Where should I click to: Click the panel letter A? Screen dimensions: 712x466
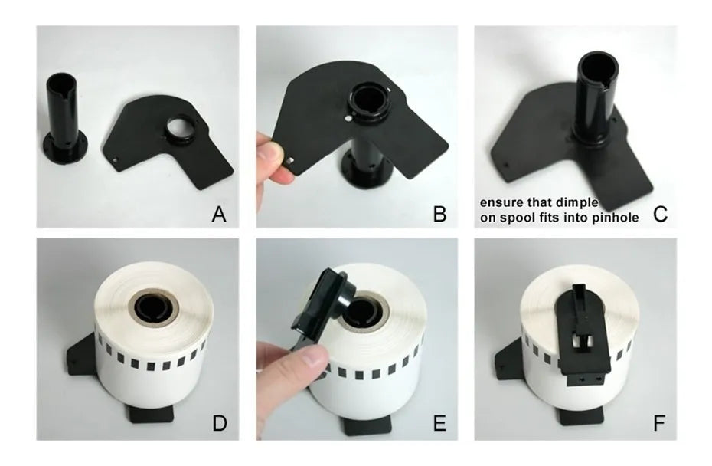(219, 214)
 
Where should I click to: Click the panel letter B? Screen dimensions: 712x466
(439, 214)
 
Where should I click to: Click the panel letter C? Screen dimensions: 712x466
(660, 214)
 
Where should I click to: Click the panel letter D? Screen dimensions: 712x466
(220, 423)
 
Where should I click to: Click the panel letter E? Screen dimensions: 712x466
(439, 423)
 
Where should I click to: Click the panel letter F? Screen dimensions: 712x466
(659, 423)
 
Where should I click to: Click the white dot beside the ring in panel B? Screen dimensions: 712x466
(348, 118)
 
